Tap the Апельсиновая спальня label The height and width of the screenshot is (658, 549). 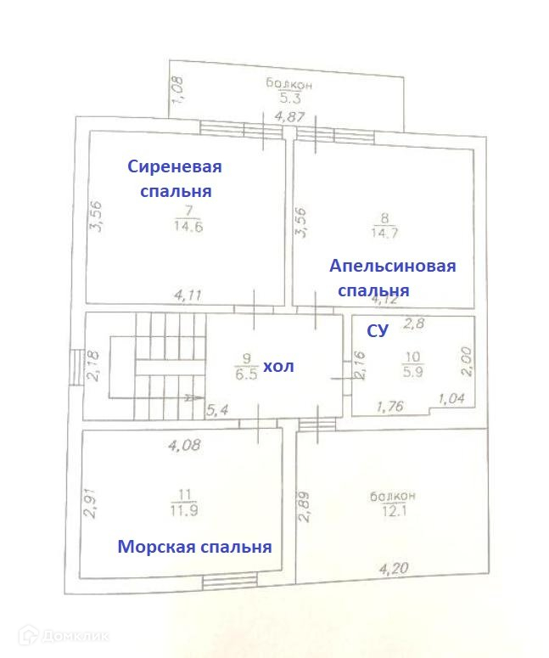pyautogui.click(x=392, y=278)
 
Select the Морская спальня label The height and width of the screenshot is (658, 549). pyautogui.click(x=194, y=546)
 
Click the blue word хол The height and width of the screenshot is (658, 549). pyautogui.click(x=278, y=366)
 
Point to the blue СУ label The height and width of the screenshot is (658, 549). pyautogui.click(x=377, y=331)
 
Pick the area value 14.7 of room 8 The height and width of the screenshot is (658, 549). pyautogui.click(x=383, y=231)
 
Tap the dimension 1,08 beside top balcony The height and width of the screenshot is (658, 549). pyautogui.click(x=177, y=91)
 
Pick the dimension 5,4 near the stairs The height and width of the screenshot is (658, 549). pyautogui.click(x=221, y=410)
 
